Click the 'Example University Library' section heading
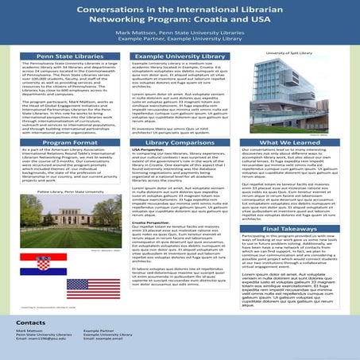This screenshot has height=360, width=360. coord(180,58)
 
